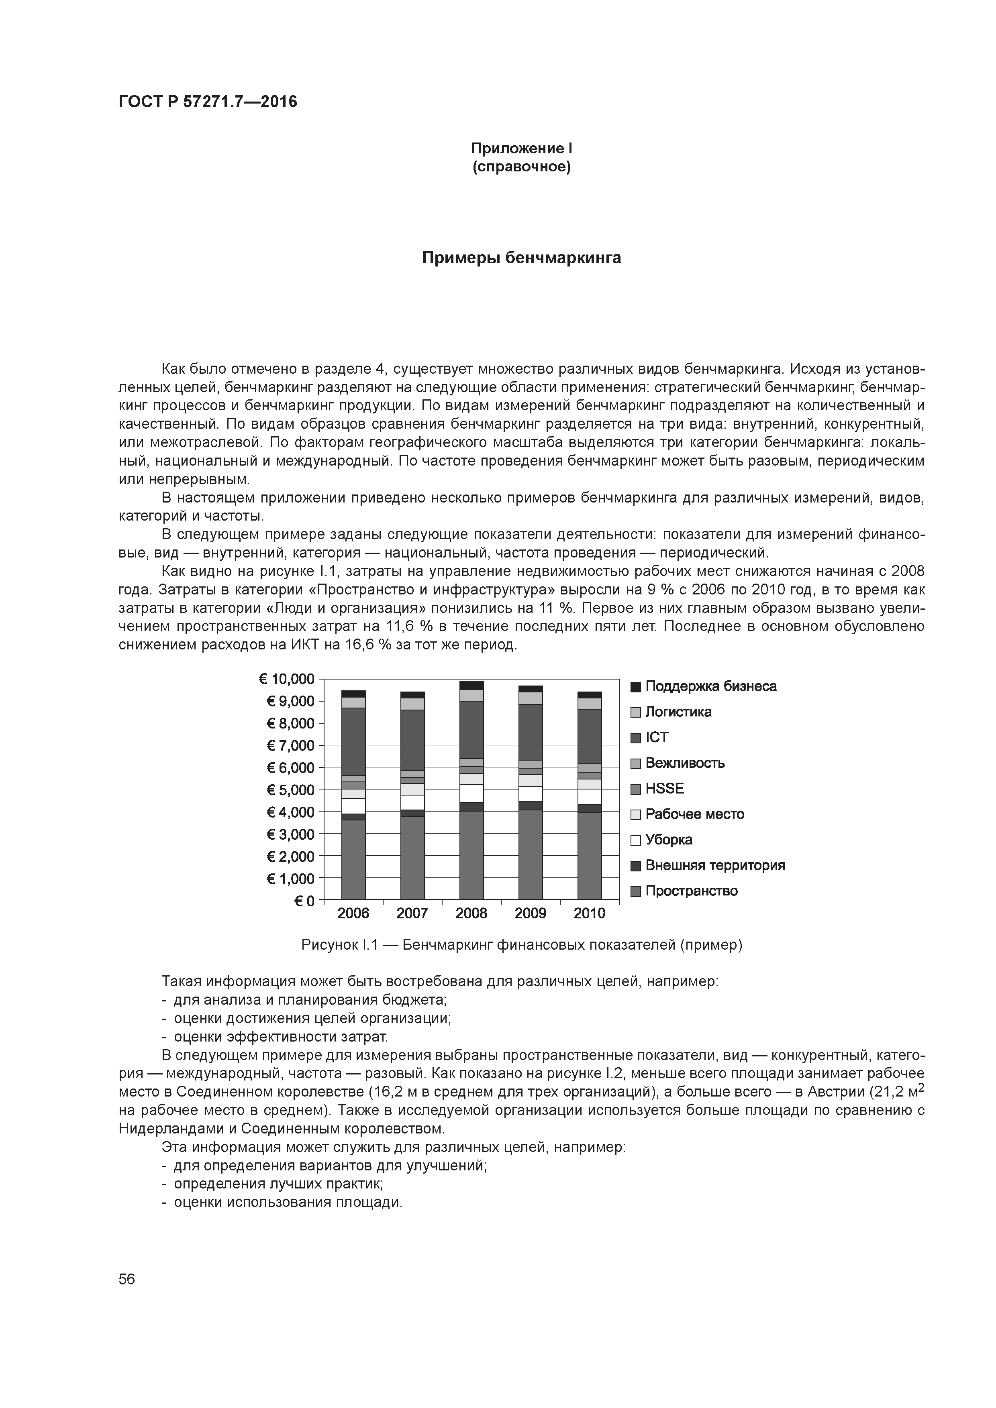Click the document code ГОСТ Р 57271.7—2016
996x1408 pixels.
tap(207, 102)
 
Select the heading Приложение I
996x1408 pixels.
tap(521, 149)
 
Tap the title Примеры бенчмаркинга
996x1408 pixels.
tap(521, 258)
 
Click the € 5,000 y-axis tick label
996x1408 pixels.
tap(290, 790)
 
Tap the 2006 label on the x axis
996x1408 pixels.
tap(353, 914)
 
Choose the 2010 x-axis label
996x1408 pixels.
tap(589, 914)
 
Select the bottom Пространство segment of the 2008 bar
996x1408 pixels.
tap(471, 855)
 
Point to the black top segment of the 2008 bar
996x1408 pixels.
tap(471, 686)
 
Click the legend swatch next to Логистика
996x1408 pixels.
tap(636, 712)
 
